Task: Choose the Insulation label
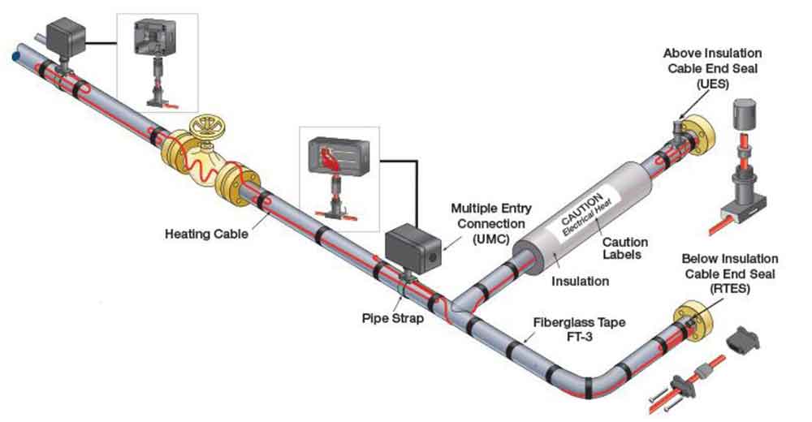[580, 282]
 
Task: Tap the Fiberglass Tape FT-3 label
[579, 328]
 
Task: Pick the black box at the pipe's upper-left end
[65, 37]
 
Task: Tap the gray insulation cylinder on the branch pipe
[568, 219]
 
